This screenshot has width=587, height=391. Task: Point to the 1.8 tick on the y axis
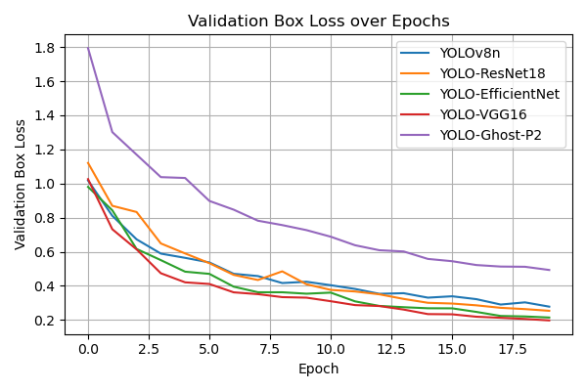click(x=46, y=48)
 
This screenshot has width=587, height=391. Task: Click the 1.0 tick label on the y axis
click(x=46, y=184)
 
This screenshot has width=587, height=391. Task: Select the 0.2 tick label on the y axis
click(x=46, y=321)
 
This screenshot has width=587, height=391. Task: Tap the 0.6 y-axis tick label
click(x=46, y=252)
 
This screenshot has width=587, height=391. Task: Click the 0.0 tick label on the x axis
click(x=88, y=348)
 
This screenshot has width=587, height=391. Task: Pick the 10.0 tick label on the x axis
click(x=331, y=348)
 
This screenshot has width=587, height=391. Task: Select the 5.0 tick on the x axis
click(x=209, y=348)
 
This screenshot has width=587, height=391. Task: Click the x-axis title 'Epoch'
click(x=319, y=369)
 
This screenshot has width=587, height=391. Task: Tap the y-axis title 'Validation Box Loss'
click(x=21, y=185)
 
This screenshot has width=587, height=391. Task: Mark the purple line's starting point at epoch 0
click(x=88, y=48)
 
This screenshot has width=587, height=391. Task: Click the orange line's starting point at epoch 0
click(x=88, y=162)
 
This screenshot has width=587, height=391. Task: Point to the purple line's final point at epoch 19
click(x=549, y=270)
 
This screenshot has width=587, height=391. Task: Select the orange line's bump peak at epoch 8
click(x=282, y=271)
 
